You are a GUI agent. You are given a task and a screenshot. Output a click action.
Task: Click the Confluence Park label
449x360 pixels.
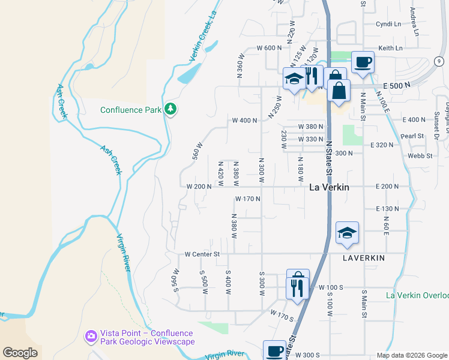pyautogui.click(x=131, y=110)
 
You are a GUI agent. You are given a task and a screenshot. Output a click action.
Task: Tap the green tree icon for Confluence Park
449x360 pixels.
pyautogui.click(x=171, y=109)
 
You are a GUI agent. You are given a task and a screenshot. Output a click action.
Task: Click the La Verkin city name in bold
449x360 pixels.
pyautogui.click(x=329, y=187)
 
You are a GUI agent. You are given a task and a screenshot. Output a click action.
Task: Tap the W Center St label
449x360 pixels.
pyautogui.click(x=203, y=254)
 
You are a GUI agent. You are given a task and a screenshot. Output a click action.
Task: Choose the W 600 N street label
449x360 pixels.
pyautogui.click(x=269, y=48)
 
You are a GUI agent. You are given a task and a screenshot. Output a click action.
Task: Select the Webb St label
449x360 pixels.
pyautogui.click(x=420, y=155)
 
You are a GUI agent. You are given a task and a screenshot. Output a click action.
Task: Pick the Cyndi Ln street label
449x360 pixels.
pyautogui.click(x=388, y=24)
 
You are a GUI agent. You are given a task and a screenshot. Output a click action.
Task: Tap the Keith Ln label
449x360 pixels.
pyautogui.click(x=390, y=48)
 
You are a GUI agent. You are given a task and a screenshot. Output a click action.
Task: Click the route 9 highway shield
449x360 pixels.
pyautogui.click(x=439, y=61)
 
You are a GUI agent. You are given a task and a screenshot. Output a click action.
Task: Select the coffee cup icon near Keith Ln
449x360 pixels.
pyautogui.click(x=363, y=62)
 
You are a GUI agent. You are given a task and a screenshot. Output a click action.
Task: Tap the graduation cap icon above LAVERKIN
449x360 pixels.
pyautogui.click(x=348, y=233)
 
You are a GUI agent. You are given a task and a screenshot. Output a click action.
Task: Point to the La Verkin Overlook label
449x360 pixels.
pyautogui.click(x=417, y=295)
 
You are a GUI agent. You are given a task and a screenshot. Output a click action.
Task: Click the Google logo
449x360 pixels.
pyautogui.click(x=20, y=352)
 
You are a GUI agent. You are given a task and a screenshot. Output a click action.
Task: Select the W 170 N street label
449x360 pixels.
pyautogui.click(x=247, y=199)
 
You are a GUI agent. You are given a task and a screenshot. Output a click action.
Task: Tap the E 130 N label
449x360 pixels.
pyautogui.click(x=387, y=208)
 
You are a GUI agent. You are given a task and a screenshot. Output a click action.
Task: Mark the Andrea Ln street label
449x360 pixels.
pyautogui.click(x=413, y=12)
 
